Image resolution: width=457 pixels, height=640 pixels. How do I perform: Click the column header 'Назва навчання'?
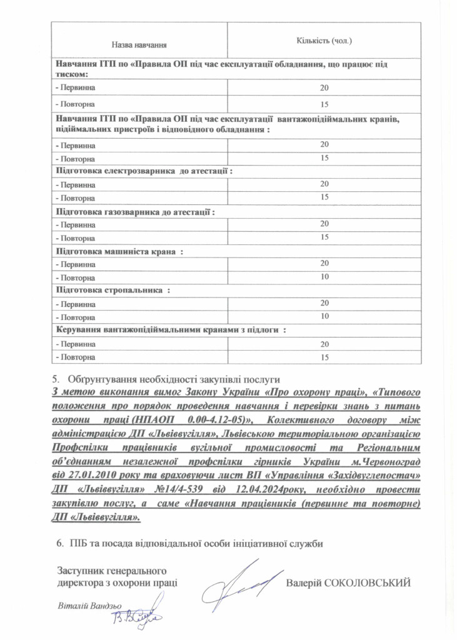click(139, 45)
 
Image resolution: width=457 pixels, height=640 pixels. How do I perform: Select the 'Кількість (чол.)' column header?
click(324, 41)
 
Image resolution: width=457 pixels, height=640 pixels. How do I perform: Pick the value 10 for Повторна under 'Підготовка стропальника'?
click(324, 316)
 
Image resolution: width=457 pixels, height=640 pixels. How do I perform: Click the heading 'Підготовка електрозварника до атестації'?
click(144, 171)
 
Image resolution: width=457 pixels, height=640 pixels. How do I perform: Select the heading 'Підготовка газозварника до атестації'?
click(135, 211)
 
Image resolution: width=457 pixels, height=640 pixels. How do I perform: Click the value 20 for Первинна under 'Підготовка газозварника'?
click(324, 224)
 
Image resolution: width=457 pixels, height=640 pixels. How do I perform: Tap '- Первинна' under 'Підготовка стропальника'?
click(76, 304)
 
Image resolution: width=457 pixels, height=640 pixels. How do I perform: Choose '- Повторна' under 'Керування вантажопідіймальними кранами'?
click(75, 357)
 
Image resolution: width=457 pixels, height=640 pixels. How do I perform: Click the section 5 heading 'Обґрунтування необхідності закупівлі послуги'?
click(174, 379)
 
